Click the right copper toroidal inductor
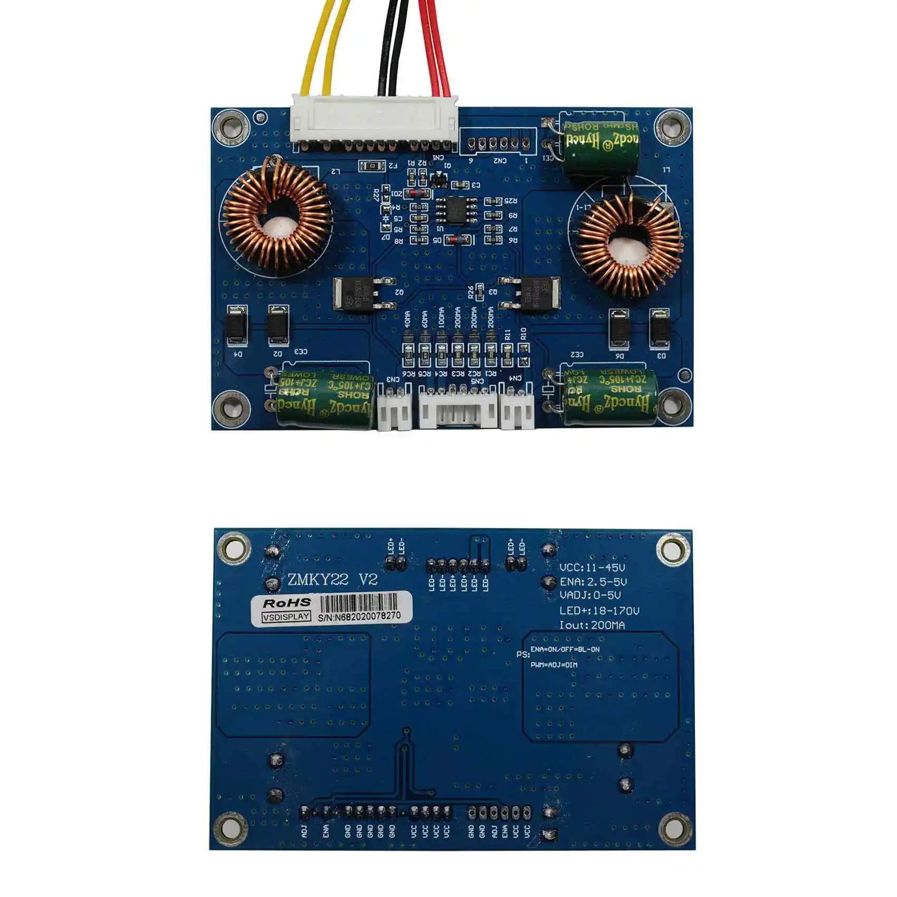click(x=629, y=244)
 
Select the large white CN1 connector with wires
click(x=374, y=121)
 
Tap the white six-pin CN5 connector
click(x=458, y=409)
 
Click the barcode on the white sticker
click(x=359, y=602)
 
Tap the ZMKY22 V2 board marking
click(x=332, y=580)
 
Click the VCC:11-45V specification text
click(x=592, y=568)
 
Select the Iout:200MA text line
click(x=592, y=625)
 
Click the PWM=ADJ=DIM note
click(x=554, y=665)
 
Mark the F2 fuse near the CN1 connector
click(x=372, y=166)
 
